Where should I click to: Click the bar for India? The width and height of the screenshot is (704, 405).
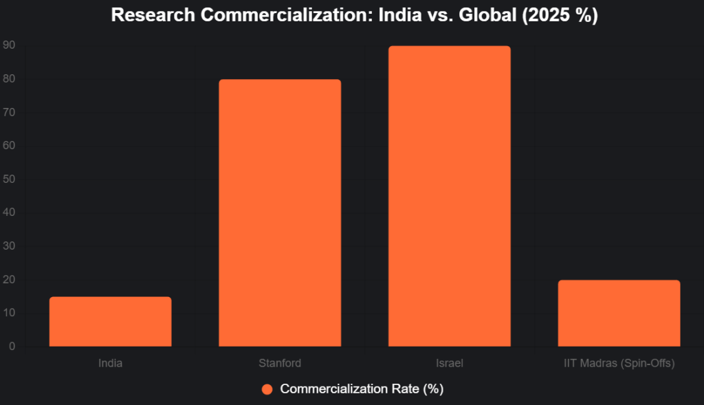[110, 322]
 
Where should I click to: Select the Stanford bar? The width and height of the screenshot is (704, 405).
[280, 213]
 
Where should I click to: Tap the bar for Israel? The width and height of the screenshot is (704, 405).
[449, 196]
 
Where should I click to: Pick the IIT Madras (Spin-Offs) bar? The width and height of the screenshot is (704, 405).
[619, 313]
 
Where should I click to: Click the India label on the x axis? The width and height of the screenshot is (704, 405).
[110, 363]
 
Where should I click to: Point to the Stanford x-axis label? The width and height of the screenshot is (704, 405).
[280, 363]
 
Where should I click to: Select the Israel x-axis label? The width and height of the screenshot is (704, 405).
[449, 363]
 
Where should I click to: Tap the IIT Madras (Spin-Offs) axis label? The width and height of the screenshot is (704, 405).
[619, 363]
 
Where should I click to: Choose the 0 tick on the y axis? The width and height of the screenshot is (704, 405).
[12, 347]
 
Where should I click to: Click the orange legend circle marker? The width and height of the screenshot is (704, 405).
[268, 389]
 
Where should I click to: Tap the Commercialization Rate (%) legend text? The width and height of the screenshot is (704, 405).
[362, 389]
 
